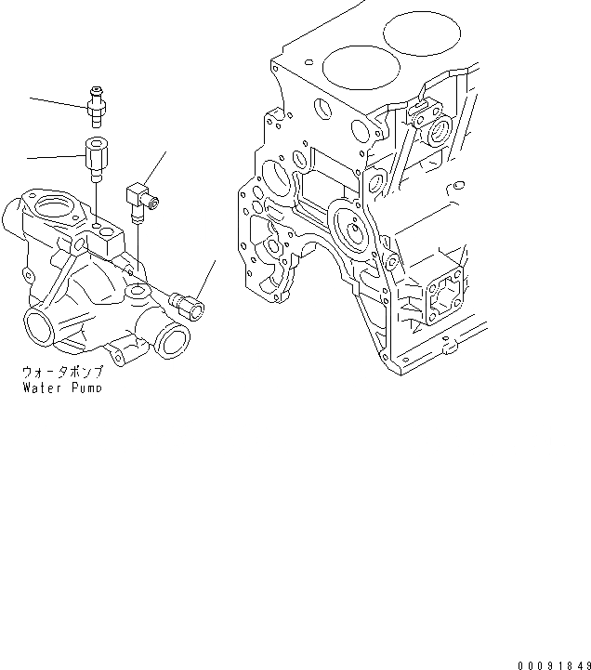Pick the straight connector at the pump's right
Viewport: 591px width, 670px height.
[x=190, y=303]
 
